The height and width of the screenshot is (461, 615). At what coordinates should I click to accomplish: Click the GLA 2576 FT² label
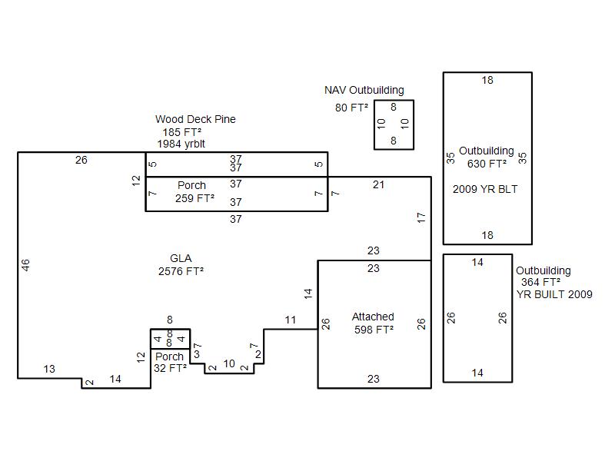coord(181,264)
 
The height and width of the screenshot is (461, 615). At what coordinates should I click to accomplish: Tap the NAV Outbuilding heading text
coord(364,90)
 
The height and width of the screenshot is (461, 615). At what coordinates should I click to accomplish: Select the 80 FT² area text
coord(351,108)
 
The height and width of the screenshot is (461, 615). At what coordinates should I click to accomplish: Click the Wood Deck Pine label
coord(195,119)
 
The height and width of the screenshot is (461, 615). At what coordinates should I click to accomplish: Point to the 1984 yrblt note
coord(181,144)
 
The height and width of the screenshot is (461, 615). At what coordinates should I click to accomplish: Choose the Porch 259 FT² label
coord(194,191)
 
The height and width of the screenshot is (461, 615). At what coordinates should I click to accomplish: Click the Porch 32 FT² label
coord(170,362)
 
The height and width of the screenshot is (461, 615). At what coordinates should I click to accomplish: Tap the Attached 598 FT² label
coord(374,323)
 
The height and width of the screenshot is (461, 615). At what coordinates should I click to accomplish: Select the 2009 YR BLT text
coord(485,189)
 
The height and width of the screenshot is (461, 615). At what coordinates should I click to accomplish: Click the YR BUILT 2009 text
coord(554,294)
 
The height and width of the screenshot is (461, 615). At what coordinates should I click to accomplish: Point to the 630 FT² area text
coord(487,164)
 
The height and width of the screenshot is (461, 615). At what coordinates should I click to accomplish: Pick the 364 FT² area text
coord(540,282)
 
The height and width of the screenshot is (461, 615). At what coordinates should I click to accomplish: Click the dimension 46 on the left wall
coord(25,265)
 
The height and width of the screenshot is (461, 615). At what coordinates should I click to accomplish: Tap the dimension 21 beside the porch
coord(378,184)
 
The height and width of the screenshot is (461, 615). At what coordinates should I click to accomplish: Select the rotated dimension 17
coord(421,217)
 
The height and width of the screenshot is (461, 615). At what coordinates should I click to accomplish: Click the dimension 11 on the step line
coord(291,320)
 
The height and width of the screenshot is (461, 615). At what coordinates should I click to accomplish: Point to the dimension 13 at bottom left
coord(49,369)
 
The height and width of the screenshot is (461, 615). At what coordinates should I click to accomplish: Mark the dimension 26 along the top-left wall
coord(81,160)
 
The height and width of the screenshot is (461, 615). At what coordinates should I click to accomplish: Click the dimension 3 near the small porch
coord(197,354)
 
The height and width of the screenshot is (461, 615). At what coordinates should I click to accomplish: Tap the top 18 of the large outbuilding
coord(487,81)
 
